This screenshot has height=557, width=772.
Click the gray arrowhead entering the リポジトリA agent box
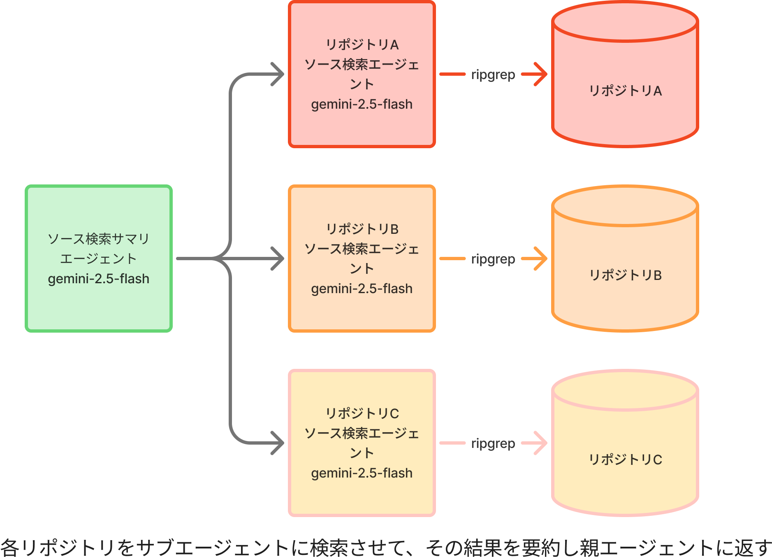click(x=278, y=74)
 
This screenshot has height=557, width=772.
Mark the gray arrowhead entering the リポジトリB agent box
click(x=278, y=259)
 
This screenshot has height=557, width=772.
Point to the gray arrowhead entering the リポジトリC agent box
click(x=278, y=443)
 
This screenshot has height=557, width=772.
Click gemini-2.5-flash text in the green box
click(x=99, y=279)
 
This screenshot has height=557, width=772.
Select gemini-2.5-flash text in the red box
click(x=362, y=104)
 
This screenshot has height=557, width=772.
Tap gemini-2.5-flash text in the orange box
click(x=362, y=289)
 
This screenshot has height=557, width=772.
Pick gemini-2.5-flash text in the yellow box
click(x=362, y=473)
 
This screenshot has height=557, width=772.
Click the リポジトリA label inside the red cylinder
click(x=625, y=91)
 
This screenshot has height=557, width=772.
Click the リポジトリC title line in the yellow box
click(x=362, y=413)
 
